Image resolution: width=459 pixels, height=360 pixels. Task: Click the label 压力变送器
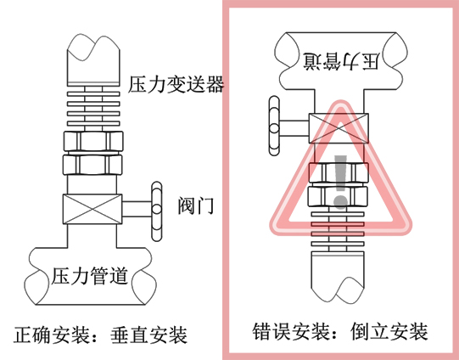pos(176,84)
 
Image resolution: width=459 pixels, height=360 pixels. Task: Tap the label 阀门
pos(196,205)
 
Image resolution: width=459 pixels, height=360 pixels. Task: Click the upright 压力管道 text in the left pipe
pos(90,276)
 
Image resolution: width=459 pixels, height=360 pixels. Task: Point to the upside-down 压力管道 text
pos(341,61)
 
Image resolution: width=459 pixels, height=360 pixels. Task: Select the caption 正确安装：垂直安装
pos(100,335)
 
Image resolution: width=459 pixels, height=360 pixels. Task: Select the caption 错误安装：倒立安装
pos(340,331)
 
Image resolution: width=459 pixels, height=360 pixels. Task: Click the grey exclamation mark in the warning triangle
pos(340,182)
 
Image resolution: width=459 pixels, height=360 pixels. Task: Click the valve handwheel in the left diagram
pos(157,211)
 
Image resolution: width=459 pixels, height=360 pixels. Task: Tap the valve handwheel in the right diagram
pos(274,126)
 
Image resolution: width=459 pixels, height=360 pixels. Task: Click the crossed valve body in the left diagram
pos(92,209)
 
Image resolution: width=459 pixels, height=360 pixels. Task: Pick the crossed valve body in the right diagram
pos(339,128)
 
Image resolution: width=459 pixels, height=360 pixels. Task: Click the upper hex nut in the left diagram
pos(93,141)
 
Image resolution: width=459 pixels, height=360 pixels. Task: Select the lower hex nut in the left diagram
pos(92,165)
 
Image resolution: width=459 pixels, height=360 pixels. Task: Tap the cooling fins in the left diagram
pos(93,109)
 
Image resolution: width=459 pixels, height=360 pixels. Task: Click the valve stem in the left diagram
pos(137,209)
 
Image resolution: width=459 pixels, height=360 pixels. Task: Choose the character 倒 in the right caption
pos(360,331)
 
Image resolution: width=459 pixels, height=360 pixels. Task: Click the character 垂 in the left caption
pos(120,335)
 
